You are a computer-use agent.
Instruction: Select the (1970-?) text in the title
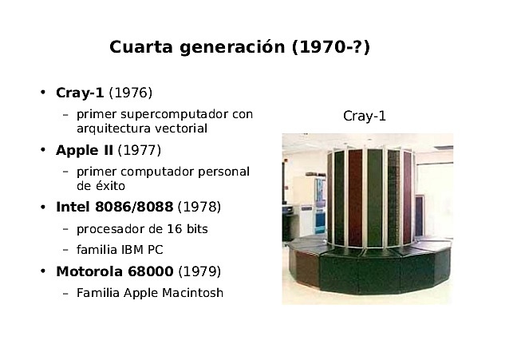point(330,47)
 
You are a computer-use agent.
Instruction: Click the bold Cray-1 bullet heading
point(80,93)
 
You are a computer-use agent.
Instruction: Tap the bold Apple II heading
point(85,150)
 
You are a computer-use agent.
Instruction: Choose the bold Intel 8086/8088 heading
point(114,208)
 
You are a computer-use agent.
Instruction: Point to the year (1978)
point(199,208)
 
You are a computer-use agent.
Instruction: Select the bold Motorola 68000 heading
point(114,271)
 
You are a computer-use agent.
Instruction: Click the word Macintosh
point(190,293)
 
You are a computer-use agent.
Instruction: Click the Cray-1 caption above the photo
point(365,117)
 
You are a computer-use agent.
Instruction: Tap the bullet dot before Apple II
point(43,150)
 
